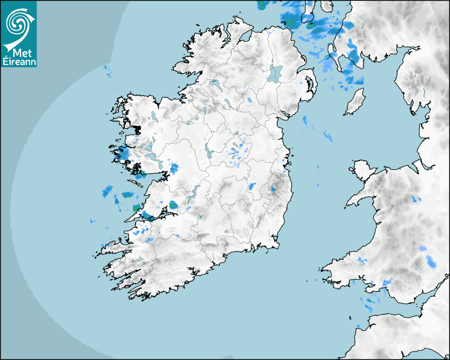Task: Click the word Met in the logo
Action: pos(19,52)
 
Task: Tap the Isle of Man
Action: pos(355,102)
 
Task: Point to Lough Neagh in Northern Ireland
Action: pos(275,73)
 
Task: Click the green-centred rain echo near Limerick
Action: pos(173,205)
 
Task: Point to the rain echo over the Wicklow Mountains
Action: pos(274,188)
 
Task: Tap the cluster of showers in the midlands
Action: pos(237,151)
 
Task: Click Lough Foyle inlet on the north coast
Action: pos(245,37)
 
